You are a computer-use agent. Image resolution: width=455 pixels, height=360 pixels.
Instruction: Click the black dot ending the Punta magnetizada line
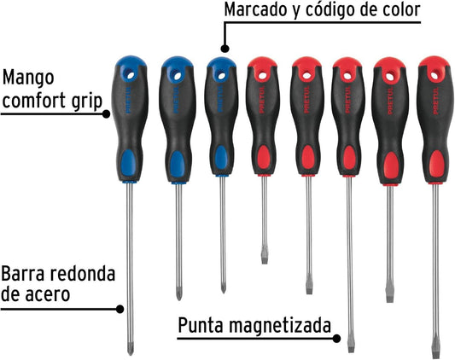[x=336, y=338]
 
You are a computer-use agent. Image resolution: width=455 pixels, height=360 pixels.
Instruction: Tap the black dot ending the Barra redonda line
[x=120, y=309]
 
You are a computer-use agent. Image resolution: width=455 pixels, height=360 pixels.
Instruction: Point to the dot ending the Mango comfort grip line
[x=106, y=114]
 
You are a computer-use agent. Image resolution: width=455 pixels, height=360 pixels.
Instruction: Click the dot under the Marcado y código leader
[x=225, y=49]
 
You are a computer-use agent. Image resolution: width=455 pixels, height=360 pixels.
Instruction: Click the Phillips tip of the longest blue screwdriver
[x=131, y=349]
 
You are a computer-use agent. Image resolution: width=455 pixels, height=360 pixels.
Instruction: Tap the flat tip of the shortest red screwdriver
[x=265, y=258]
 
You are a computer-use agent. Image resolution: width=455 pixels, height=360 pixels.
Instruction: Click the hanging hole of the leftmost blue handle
[x=131, y=75]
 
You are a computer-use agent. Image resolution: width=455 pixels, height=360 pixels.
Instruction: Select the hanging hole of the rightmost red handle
[x=435, y=76]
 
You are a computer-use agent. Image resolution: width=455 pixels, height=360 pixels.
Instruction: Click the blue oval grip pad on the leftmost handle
[x=129, y=162]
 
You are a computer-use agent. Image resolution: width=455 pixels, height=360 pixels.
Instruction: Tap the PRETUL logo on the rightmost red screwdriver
[x=435, y=101]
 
